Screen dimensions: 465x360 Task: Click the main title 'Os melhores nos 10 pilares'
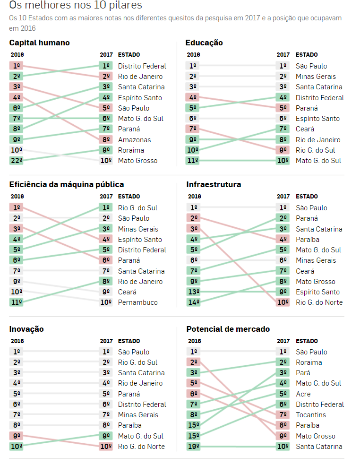click(x=76, y=6)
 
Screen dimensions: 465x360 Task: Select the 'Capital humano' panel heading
click(x=39, y=43)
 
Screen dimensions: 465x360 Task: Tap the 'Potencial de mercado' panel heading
click(x=228, y=329)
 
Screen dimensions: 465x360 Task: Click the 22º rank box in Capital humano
click(x=17, y=161)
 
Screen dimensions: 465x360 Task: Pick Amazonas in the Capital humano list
click(x=134, y=140)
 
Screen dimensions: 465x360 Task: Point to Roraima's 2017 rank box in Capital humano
click(x=106, y=150)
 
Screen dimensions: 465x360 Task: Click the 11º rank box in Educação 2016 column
click(x=193, y=161)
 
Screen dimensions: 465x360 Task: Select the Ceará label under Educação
click(x=305, y=129)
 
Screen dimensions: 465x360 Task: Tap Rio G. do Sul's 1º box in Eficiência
click(x=106, y=208)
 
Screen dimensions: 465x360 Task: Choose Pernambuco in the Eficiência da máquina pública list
click(x=137, y=302)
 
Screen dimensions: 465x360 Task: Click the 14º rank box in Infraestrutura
click(x=194, y=302)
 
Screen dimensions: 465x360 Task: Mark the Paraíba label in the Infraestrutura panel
click(x=308, y=240)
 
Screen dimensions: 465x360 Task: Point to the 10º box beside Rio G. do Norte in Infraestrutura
click(x=283, y=302)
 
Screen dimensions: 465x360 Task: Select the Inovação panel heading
click(x=26, y=329)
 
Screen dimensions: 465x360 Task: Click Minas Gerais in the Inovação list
click(x=138, y=415)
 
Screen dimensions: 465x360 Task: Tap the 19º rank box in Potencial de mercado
click(x=193, y=447)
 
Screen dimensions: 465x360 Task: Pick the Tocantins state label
click(x=310, y=415)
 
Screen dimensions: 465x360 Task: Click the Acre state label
click(x=303, y=394)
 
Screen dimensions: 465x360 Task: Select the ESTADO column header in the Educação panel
click(x=307, y=55)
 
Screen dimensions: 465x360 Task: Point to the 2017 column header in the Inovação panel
click(x=106, y=341)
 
